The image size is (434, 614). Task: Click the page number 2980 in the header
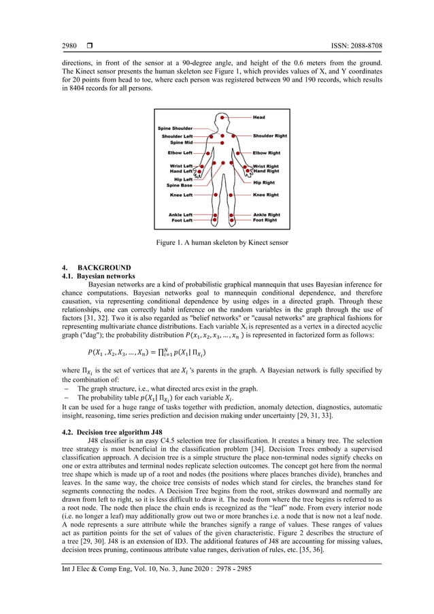coord(69,46)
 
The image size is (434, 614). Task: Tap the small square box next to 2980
coord(90,46)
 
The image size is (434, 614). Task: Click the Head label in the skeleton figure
coord(259,117)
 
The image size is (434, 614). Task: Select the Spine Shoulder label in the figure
coord(176,128)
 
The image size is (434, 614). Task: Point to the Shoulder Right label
coord(269,135)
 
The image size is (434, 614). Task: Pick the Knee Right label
coord(265,195)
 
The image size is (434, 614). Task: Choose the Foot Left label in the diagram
coord(181,221)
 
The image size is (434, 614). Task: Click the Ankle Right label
coord(266,214)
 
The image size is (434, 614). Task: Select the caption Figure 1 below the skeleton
coord(216,243)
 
